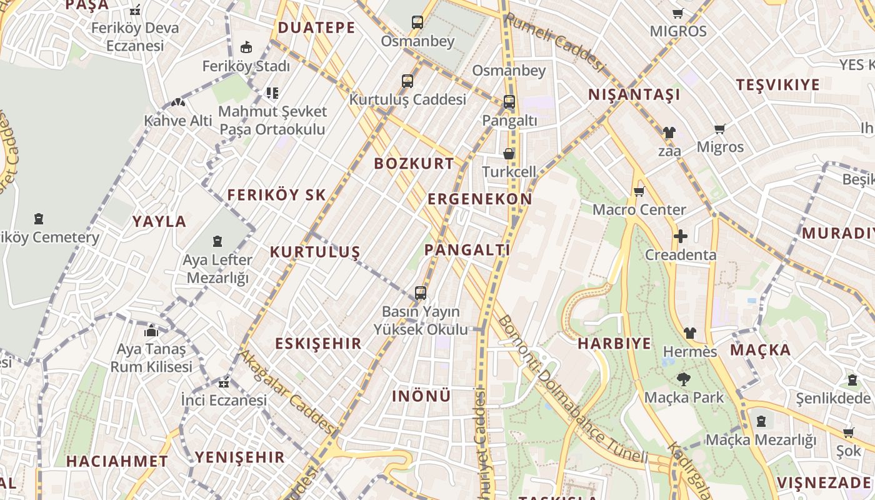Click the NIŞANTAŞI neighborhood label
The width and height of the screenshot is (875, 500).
pos(634,95)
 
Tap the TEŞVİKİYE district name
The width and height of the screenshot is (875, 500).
pos(777,85)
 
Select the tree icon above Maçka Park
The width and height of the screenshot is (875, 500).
pos(683,379)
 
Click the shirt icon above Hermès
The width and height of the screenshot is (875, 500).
pos(689,333)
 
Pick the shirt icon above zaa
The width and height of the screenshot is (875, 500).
pos(669,132)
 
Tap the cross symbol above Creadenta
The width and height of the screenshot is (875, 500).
pos(680,236)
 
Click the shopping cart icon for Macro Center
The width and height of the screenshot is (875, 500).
pos(639,191)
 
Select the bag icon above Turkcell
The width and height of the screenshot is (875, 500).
pos(509,154)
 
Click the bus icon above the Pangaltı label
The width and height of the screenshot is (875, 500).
pos(509,101)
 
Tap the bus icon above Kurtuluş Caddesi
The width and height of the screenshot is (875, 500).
pos(407,81)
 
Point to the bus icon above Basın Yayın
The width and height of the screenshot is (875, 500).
pos(421,292)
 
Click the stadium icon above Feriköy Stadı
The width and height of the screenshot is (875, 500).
pos(246,47)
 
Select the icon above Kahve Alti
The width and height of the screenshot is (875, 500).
pos(178,102)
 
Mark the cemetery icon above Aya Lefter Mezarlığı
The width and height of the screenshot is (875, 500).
pos(217,241)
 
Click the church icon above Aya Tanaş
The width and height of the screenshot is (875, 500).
pos(151,331)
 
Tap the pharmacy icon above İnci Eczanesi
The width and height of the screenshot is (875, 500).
pos(223,382)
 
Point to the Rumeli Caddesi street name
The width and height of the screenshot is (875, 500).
pos(555,42)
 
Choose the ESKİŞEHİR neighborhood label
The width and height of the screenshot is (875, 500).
pos(318,343)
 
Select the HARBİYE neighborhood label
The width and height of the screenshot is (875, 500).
pos(614,343)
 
